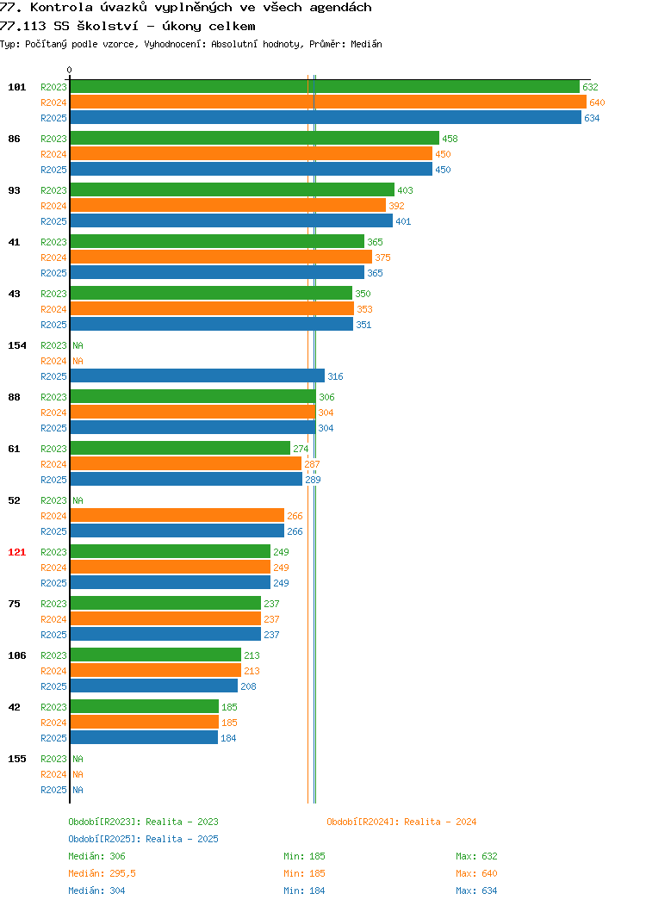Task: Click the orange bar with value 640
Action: (328, 102)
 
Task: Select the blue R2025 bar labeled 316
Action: (197, 376)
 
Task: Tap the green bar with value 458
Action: (255, 139)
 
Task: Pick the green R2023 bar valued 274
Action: (180, 449)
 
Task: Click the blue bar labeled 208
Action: (153, 686)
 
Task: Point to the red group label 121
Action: (16, 552)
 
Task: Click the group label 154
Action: (16, 345)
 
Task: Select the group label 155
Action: (16, 759)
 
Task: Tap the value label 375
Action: (382, 258)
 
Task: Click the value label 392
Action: (396, 206)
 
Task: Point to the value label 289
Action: (313, 480)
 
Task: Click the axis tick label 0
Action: (70, 70)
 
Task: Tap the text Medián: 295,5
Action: (102, 873)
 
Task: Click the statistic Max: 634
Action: (476, 890)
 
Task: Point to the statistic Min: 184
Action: (304, 890)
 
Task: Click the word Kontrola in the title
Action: (61, 8)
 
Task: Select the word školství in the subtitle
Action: (108, 26)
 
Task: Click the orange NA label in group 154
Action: (78, 361)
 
